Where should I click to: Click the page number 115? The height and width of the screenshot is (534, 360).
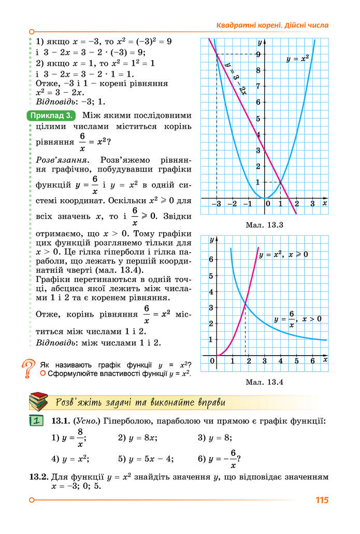click(322, 500)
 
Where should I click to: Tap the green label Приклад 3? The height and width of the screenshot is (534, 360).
click(51, 115)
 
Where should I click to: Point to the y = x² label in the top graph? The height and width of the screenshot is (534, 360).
click(298, 59)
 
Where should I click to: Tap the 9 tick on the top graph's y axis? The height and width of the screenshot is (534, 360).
click(257, 53)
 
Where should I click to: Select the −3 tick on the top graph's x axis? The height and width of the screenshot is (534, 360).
click(217, 204)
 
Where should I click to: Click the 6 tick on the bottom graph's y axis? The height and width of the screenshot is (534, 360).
click(211, 259)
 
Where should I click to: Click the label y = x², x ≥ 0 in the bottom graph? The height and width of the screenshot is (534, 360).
click(283, 255)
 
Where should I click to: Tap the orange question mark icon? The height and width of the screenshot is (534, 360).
click(29, 369)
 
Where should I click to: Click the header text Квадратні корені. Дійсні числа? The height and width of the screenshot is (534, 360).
click(272, 25)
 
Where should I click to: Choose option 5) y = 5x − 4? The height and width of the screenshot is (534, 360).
click(146, 459)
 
